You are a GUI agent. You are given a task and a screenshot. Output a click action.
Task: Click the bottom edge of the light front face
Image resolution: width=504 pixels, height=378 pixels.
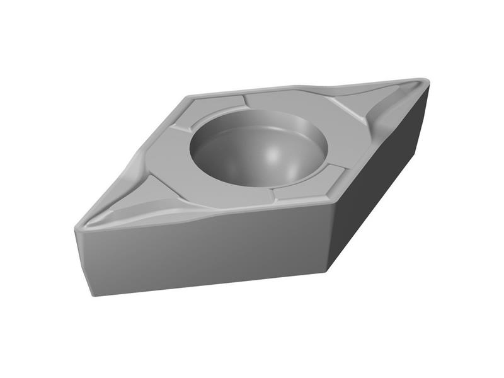coord(208,283)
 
